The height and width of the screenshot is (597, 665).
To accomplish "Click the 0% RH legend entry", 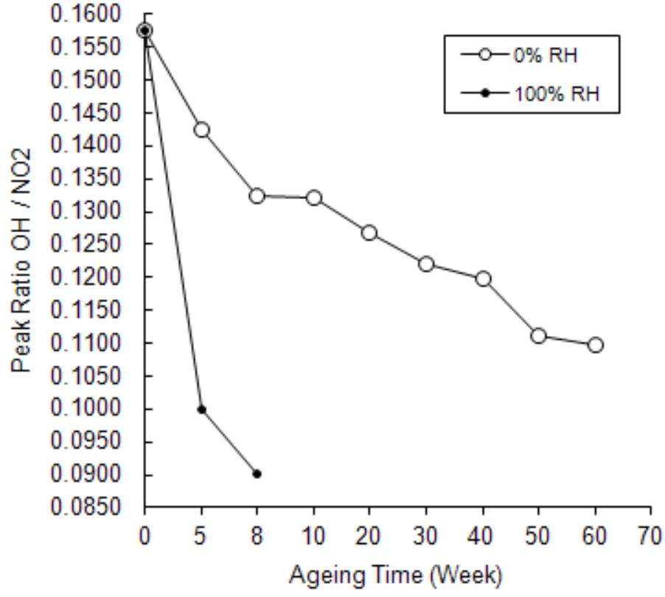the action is pos(519,55).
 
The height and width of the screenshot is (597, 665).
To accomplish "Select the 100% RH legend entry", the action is pos(530,94).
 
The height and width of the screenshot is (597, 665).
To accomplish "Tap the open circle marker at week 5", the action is pos(201,130).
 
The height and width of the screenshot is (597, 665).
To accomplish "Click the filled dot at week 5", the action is pos(202,410).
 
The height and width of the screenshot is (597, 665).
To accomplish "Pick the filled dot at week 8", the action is pos(257,474).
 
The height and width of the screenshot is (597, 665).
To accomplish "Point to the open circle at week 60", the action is pos(596,345).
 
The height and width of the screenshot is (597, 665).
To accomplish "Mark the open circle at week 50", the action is pos(539,336).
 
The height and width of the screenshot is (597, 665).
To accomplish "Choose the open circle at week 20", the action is pos(369,233).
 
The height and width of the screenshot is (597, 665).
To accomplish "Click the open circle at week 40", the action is pos(483,279).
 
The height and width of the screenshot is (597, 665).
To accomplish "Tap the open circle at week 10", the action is pos(314,198).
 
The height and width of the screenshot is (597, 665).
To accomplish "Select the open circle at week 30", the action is pos(426,264).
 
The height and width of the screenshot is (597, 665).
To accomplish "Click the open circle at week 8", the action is pos(257,196).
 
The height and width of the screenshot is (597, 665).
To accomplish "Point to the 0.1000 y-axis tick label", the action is pos(86,408).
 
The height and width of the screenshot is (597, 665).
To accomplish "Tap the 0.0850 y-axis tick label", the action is pos(86,506).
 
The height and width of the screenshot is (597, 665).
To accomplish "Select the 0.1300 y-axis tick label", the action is pos(86,211).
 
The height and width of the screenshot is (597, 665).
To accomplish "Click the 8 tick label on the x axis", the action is pos(257,536).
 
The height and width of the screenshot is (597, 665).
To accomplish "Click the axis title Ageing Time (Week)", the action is pos(396,576).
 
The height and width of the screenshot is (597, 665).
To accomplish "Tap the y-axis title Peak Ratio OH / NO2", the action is pos(21,260).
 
